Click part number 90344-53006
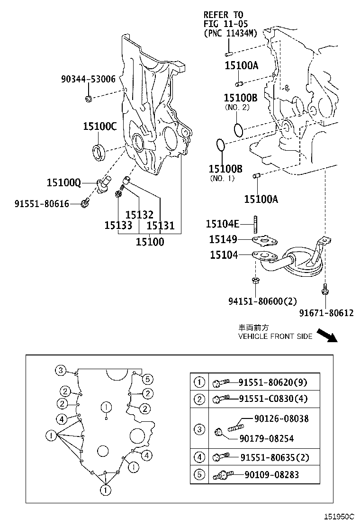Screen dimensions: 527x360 coord(88,80)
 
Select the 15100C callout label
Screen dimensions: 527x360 coord(99,127)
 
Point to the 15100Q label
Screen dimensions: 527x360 coord(64,182)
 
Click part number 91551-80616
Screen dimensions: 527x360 coord(42,204)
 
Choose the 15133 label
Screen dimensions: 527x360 coord(118,226)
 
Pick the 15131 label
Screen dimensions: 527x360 coord(161,226)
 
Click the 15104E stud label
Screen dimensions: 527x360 coord(222,224)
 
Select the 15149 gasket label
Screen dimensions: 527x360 coord(224,240)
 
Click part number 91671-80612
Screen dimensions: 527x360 coord(326,313)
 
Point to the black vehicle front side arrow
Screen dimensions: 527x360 coord(326,335)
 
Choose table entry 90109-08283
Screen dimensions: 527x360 coord(271,474)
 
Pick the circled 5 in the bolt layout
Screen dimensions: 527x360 coord(147,378)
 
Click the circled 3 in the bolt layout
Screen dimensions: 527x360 coord(60,370)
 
